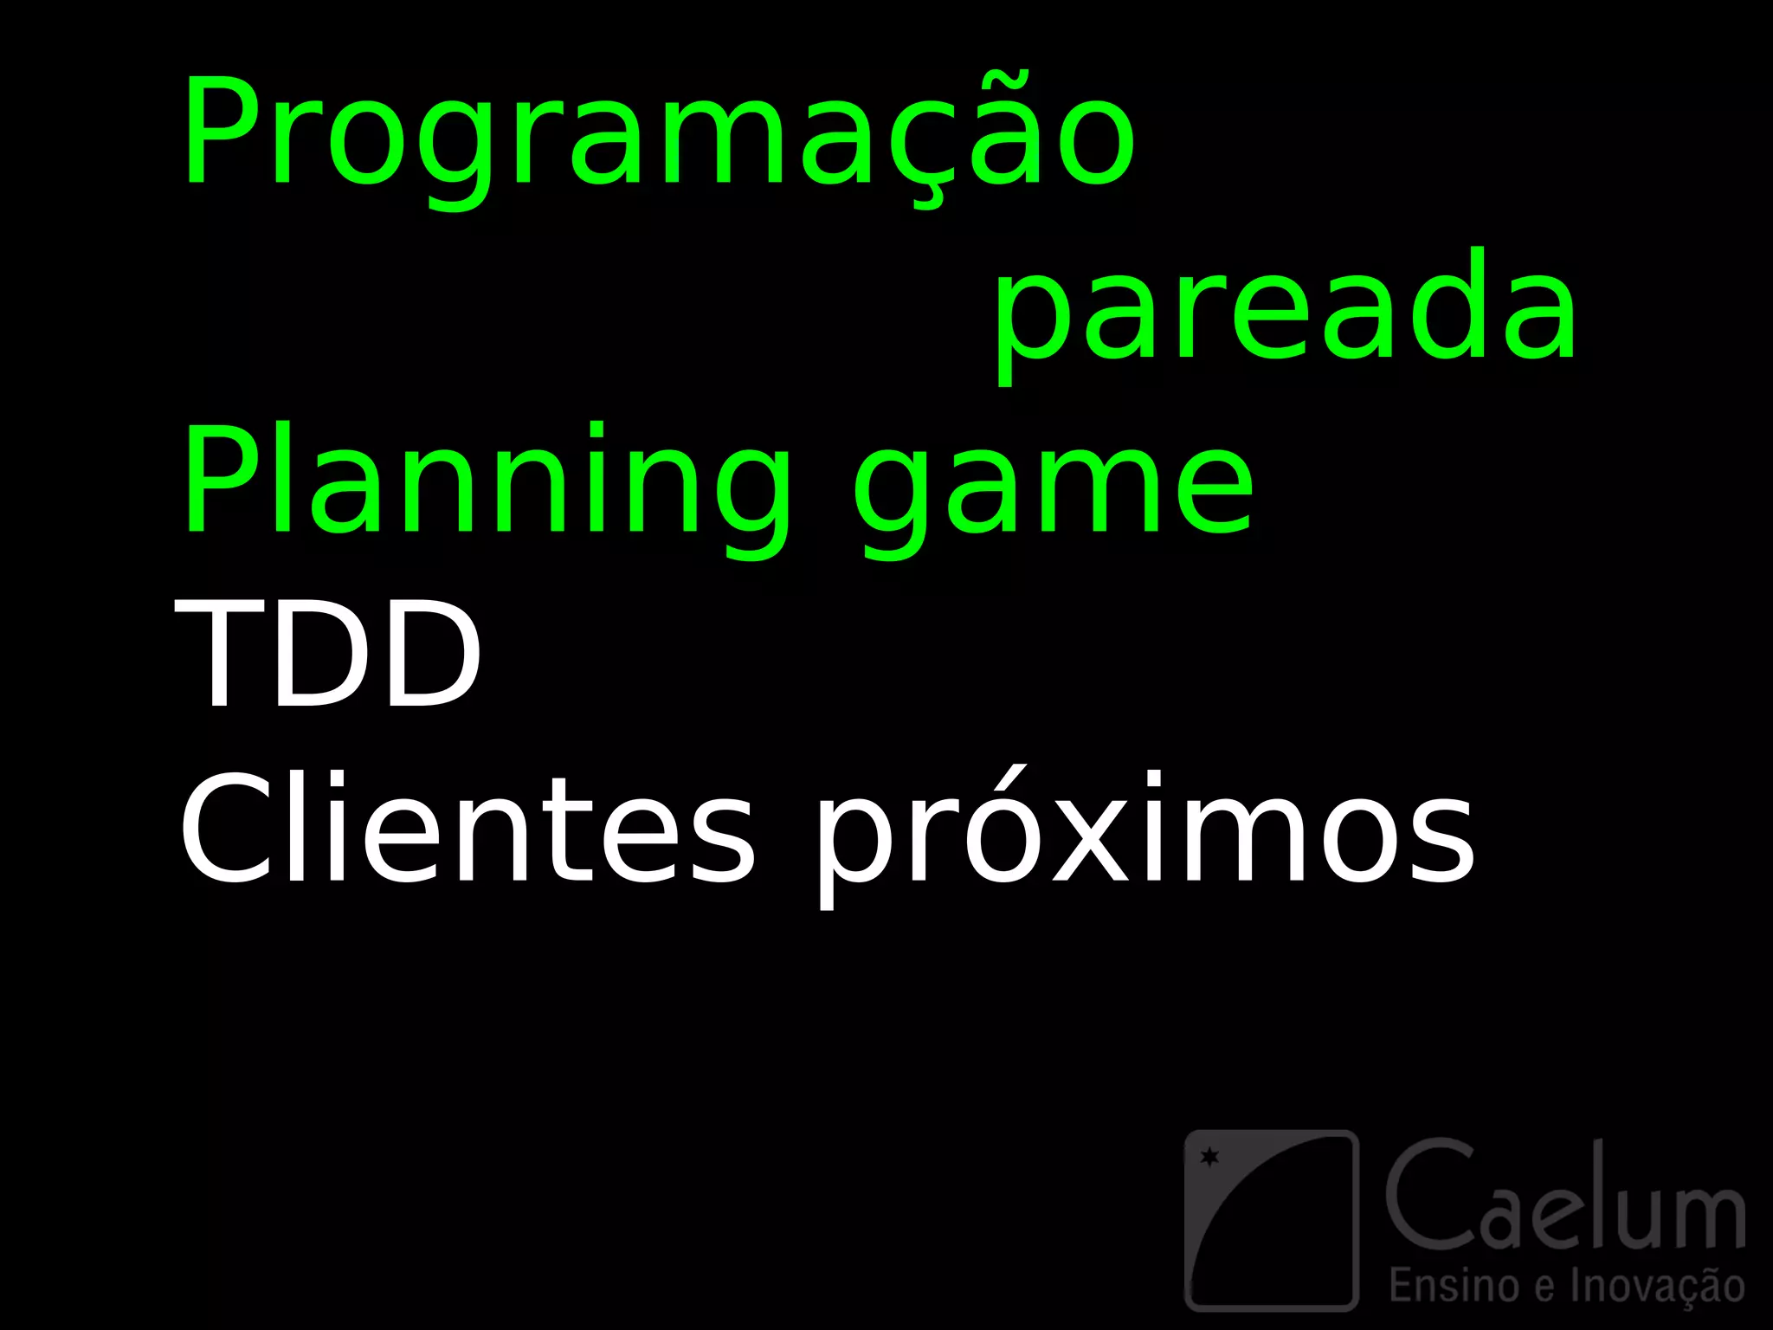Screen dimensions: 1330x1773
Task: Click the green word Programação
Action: (x=658, y=134)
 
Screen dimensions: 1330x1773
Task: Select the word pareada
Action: (x=1286, y=312)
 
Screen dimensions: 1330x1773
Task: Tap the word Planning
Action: (x=485, y=485)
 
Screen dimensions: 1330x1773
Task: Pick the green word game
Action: (x=1052, y=489)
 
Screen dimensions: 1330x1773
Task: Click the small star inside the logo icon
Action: (x=1209, y=1156)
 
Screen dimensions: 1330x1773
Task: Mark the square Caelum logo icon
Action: (x=1271, y=1219)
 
